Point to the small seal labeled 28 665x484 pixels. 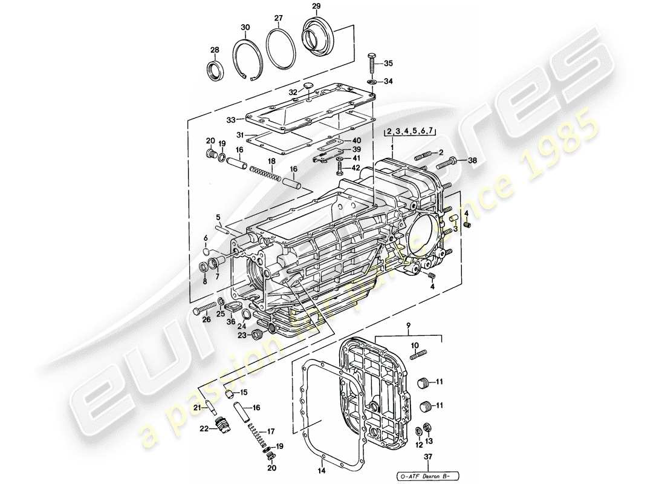click(215, 70)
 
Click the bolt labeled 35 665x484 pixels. click(372, 63)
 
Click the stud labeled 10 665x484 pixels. click(418, 356)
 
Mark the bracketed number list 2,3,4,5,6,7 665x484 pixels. click(409, 131)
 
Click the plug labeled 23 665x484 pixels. click(257, 333)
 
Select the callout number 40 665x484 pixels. click(357, 140)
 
